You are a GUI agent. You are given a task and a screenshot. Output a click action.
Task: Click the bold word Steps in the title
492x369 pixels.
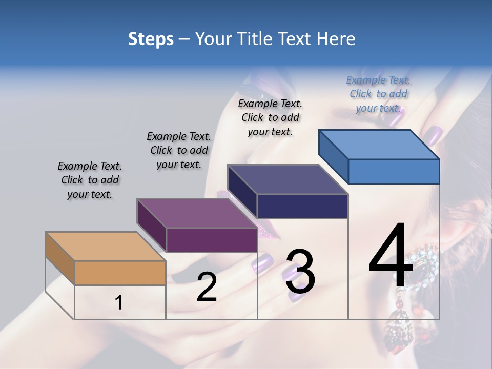(x=151, y=39)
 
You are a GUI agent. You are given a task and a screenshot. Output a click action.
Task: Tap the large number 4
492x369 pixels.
(x=391, y=256)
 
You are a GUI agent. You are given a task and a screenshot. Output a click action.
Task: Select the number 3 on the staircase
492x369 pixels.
(x=300, y=272)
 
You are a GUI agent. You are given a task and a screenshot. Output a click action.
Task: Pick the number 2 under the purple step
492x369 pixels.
(x=207, y=287)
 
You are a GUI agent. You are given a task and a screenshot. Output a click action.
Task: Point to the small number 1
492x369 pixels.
(x=118, y=303)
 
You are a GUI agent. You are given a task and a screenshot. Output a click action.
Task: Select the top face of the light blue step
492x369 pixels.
(x=379, y=145)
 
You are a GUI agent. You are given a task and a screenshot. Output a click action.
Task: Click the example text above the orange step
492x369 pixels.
(x=90, y=180)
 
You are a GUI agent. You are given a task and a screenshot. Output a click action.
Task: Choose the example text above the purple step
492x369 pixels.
(x=179, y=151)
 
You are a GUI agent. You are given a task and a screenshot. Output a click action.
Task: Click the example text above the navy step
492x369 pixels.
(x=270, y=117)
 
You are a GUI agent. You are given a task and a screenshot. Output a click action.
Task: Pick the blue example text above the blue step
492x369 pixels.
(x=378, y=94)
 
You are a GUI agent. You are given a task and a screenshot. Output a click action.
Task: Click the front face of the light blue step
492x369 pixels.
(x=394, y=171)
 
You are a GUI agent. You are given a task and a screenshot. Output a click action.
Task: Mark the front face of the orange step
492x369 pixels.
(x=120, y=273)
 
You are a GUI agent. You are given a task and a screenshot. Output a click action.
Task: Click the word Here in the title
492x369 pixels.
(x=336, y=39)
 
